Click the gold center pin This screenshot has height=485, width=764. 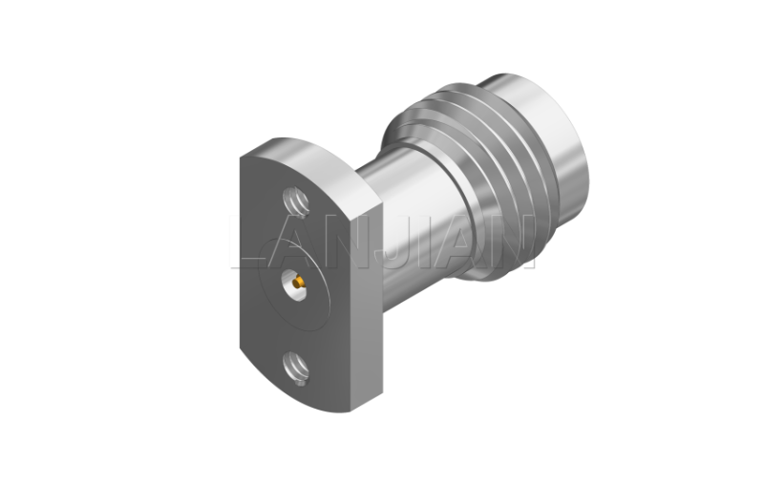click(x=298, y=282)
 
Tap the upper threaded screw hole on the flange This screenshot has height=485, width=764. click(x=296, y=200)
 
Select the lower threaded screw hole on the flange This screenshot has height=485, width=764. click(x=296, y=369)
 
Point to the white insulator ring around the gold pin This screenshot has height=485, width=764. click(x=295, y=285)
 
